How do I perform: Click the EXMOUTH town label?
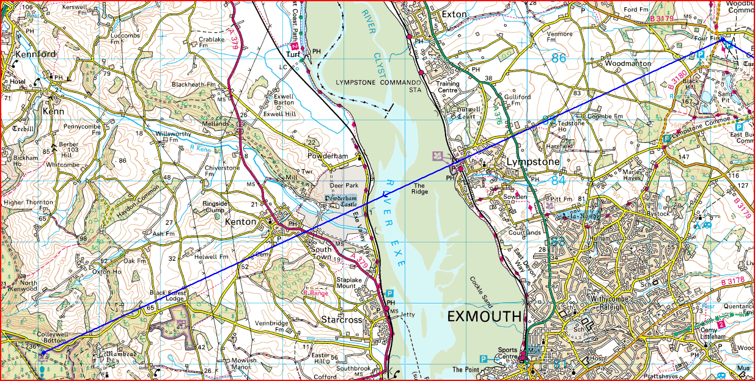click(485, 316)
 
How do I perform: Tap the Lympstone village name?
click(533, 162)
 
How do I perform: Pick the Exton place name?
click(454, 14)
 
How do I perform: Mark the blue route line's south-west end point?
click(43, 352)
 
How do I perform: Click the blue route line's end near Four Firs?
click(722, 39)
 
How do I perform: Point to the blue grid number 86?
click(558, 59)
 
